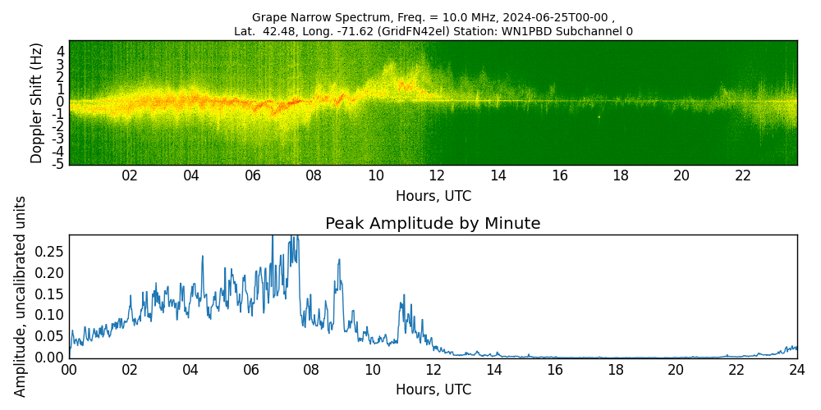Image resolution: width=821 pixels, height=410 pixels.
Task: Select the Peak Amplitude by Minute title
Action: pos(433,224)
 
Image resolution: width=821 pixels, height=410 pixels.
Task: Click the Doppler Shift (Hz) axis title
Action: pos(37,102)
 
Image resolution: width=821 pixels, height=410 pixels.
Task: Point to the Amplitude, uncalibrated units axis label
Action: pos(21,296)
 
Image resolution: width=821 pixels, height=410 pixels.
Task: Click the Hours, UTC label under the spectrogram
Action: pos(433,197)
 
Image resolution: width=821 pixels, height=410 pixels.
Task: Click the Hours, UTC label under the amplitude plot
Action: pos(433,389)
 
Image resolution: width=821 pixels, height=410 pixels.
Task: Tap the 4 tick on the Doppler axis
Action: pos(60,51)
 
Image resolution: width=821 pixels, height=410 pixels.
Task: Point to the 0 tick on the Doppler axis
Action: pos(60,102)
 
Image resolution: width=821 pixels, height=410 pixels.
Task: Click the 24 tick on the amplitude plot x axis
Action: pos(796,370)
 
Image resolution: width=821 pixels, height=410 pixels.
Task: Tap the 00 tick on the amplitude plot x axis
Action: pos(69,370)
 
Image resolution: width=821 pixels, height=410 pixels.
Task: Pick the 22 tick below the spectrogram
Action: pos(743,175)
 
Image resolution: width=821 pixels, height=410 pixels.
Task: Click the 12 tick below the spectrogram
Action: pos(437,175)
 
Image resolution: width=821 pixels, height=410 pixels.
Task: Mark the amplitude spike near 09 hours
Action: pos(338,261)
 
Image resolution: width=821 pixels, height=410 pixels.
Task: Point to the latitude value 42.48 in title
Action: pos(278,31)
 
